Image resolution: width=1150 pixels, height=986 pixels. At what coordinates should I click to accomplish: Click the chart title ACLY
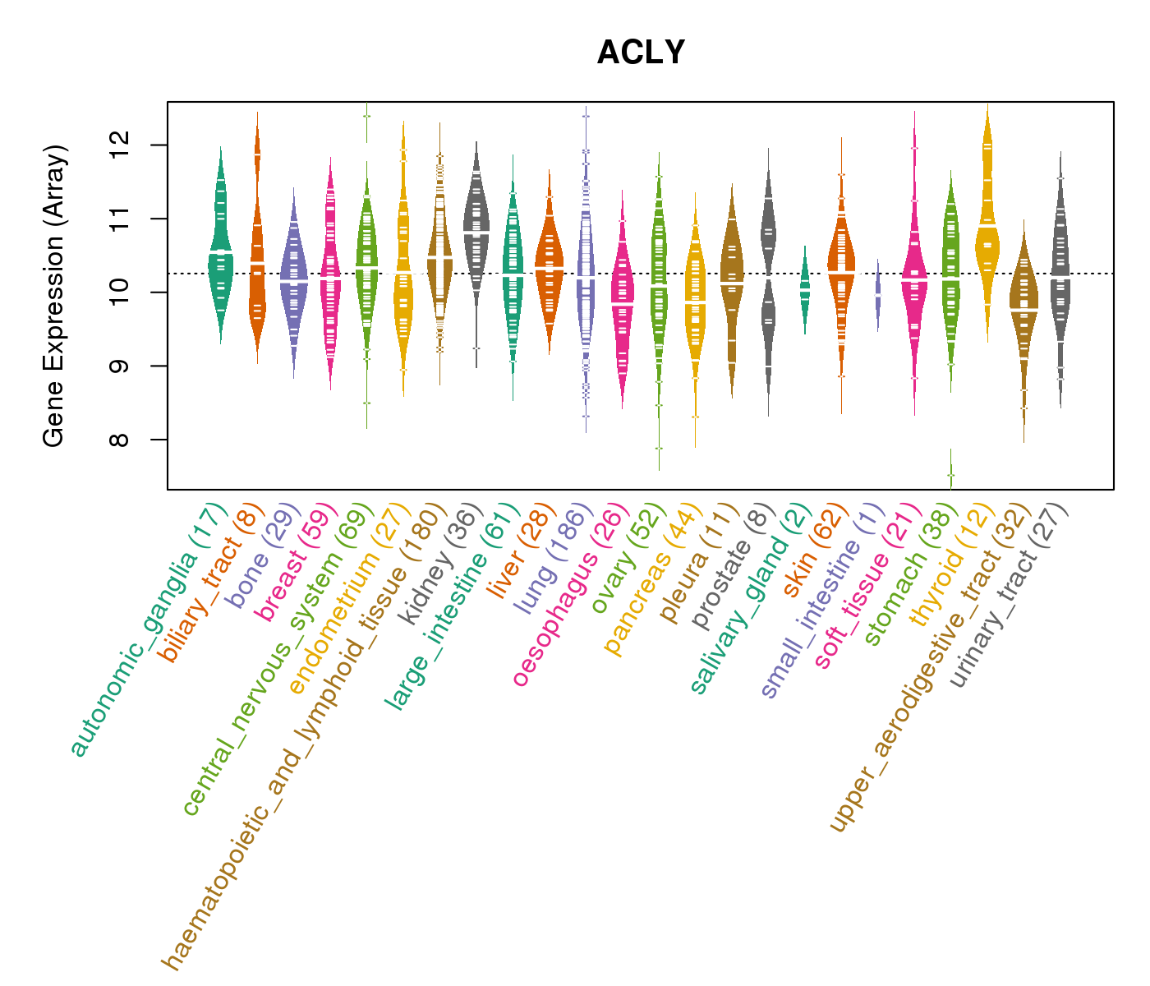click(641, 53)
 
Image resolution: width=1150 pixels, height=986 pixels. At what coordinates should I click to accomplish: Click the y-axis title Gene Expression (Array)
click(54, 296)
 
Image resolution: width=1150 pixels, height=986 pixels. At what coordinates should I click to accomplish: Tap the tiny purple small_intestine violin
click(878, 294)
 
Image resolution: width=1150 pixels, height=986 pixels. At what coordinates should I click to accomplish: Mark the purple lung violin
click(586, 271)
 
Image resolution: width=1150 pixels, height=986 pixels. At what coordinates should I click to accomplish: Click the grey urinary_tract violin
click(1060, 271)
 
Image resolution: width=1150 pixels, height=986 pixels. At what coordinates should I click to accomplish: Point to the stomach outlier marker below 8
click(950, 475)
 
